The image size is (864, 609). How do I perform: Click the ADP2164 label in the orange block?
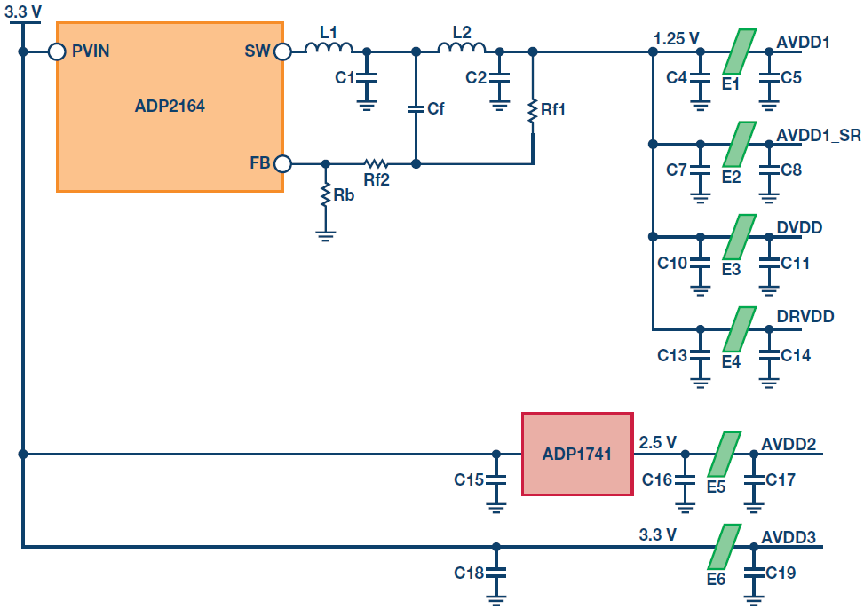point(170,106)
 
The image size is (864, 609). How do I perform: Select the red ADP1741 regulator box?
point(577,454)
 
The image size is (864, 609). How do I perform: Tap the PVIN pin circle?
point(58,51)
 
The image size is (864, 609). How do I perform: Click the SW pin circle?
point(282,51)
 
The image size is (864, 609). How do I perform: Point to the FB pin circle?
point(282,163)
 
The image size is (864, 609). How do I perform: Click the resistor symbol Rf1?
point(532,111)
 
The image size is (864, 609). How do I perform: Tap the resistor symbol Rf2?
point(376,163)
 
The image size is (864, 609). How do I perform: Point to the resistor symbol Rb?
point(326,195)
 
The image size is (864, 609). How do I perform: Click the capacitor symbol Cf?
point(416,108)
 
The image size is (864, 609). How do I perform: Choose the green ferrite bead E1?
point(739,51)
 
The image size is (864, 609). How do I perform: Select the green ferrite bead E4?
point(739,329)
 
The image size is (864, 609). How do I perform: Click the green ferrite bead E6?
point(724,546)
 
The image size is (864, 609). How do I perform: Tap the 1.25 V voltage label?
point(676,38)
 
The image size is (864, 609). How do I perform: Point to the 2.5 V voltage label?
point(657,442)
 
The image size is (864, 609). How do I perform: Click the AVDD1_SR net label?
point(818,135)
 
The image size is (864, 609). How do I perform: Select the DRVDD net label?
point(805,316)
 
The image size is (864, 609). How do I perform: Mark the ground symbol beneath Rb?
point(326,236)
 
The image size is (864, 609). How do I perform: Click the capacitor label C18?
point(468,573)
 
